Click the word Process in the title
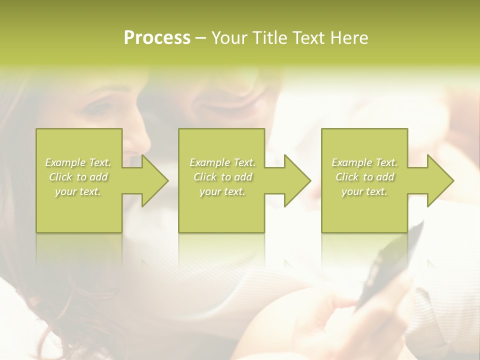point(157,38)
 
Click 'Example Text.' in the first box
point(78,162)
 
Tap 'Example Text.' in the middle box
point(222,162)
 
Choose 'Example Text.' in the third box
point(364,162)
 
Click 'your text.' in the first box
point(78,191)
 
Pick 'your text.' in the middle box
point(222,191)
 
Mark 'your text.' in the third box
point(364,191)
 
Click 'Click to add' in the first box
point(78,177)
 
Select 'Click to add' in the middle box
point(222,177)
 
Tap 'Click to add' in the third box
point(364,177)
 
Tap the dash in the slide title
point(200,38)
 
